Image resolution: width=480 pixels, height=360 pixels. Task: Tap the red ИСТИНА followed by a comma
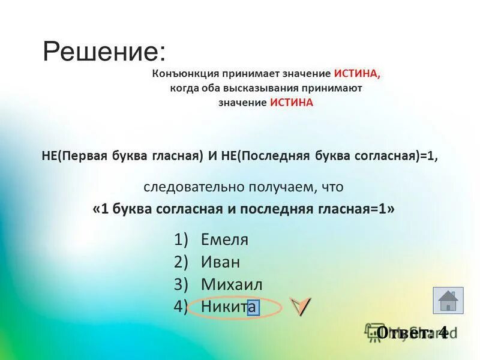[x=358, y=74]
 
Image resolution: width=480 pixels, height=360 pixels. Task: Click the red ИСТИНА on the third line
[x=292, y=103]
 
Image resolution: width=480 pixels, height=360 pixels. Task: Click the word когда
[x=184, y=88]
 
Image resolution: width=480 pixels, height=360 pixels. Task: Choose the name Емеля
[x=224, y=239]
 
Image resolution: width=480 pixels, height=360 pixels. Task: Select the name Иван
[x=220, y=262]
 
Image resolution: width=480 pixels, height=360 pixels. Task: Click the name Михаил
[x=232, y=284]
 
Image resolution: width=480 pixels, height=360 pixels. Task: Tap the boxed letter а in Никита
[x=253, y=307]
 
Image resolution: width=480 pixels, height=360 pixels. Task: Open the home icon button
[x=448, y=300]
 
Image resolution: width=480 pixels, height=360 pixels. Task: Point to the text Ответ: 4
[x=412, y=332]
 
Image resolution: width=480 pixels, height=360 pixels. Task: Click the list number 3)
[x=182, y=284]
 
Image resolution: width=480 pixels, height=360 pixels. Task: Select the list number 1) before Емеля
[x=182, y=239]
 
